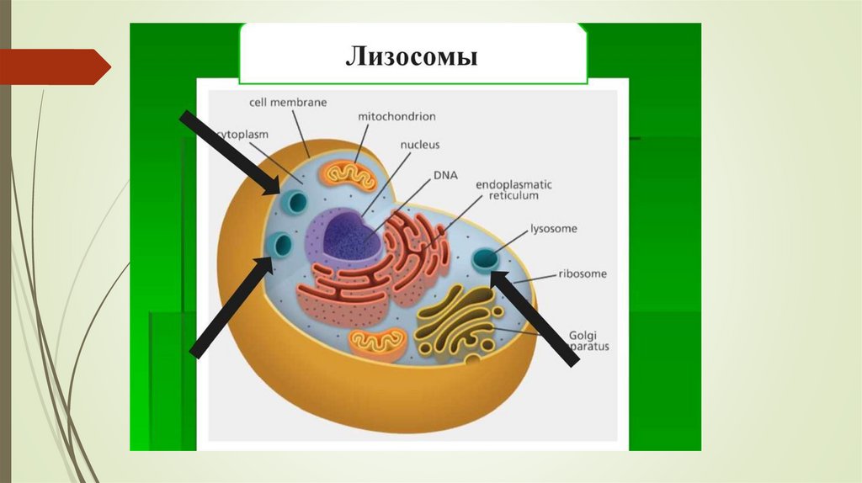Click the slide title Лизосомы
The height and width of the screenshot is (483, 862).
click(412, 56)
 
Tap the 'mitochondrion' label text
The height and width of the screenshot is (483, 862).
click(396, 116)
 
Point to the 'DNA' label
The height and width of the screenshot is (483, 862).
click(444, 175)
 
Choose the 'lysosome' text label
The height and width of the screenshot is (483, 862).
click(553, 228)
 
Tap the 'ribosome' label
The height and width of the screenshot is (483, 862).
click(583, 273)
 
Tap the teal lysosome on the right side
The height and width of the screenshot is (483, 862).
click(485, 259)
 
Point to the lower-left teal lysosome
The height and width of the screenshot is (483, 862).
click(280, 245)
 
